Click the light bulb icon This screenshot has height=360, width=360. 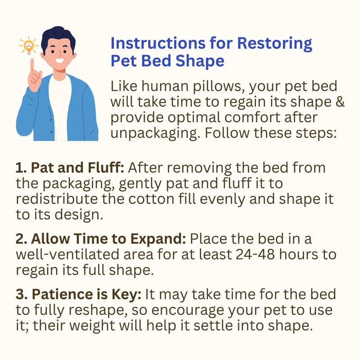[27, 45]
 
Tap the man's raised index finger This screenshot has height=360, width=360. [32, 67]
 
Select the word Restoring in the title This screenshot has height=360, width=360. [274, 44]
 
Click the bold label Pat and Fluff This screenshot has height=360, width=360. [71, 168]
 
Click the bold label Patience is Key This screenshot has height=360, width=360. [79, 294]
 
